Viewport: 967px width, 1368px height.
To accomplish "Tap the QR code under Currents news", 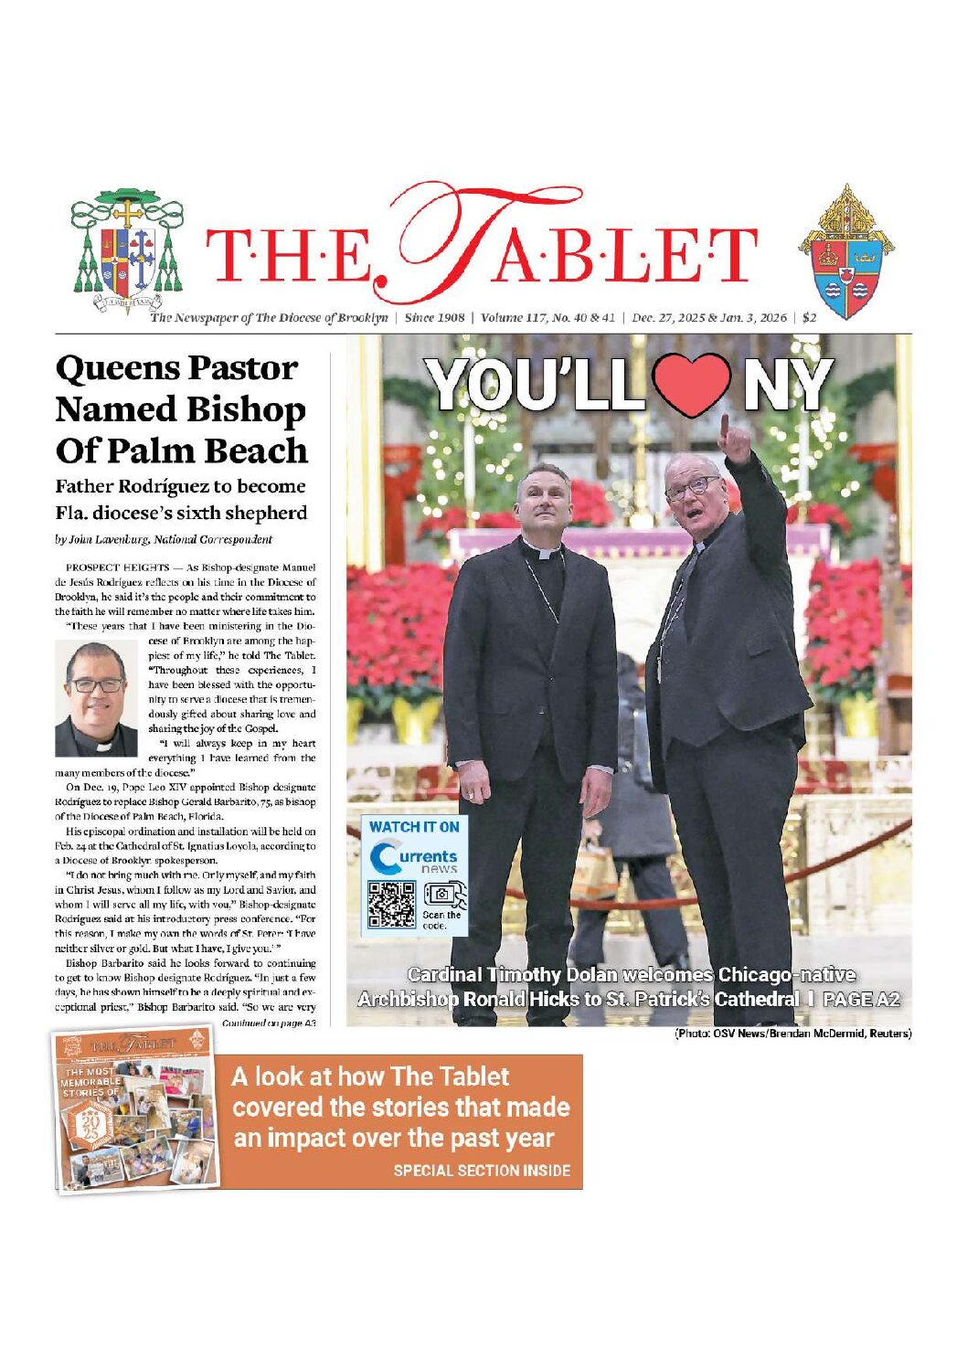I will tap(391, 905).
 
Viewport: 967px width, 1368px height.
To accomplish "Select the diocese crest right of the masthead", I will tap(845, 252).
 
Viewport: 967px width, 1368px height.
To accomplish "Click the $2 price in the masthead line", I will tap(810, 318).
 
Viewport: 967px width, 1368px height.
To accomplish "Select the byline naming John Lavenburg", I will tap(164, 539).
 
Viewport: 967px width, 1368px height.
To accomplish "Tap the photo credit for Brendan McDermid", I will tap(792, 1034).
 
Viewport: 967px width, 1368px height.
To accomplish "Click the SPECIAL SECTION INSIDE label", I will tap(482, 1170).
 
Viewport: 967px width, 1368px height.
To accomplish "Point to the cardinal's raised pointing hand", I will tap(733, 440).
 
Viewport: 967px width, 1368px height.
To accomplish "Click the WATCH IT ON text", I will tap(413, 826).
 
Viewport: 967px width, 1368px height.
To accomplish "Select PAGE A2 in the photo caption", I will tap(861, 999).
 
